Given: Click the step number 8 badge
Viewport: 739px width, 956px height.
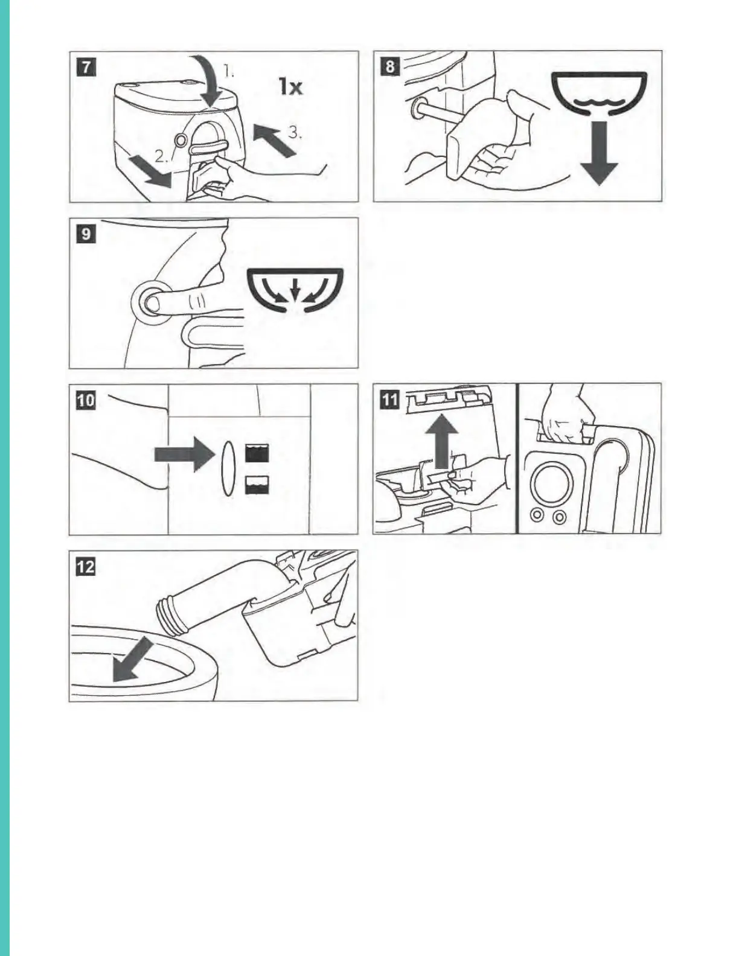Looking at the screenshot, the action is click(390, 68).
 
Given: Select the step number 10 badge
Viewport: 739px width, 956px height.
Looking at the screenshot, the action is click(86, 400).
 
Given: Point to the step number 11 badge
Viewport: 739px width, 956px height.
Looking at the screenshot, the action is click(390, 400).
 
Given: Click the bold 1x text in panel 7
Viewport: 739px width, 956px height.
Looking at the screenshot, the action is click(290, 86).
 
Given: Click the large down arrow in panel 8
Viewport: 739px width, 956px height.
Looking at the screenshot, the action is click(598, 153).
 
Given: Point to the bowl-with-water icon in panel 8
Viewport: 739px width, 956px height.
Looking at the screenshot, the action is click(598, 95).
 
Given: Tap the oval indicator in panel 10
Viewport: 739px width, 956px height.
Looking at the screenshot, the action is click(227, 469).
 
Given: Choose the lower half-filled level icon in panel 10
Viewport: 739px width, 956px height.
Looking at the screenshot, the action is click(257, 485).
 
